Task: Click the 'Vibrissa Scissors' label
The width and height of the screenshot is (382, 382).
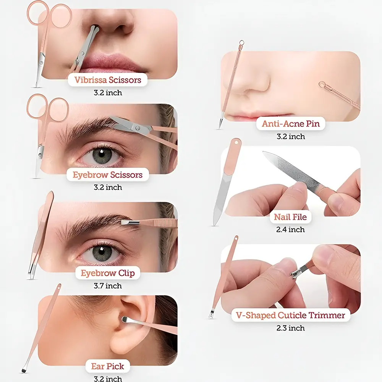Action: coord(108,80)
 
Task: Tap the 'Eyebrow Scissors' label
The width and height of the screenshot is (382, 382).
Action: coord(107,175)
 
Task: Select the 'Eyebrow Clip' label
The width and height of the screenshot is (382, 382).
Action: coord(108,273)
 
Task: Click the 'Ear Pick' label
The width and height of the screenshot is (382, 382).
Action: coord(108,366)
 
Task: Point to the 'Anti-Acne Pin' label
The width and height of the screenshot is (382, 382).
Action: coord(291,123)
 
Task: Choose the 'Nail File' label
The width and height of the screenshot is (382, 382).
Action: coord(290,217)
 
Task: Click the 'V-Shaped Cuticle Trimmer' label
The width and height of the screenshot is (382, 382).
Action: coord(290,315)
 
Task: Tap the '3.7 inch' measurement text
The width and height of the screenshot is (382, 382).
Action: coord(108,285)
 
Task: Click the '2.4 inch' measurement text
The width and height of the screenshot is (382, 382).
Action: coord(290,230)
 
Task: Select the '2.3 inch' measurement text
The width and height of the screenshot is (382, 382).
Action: coord(290,328)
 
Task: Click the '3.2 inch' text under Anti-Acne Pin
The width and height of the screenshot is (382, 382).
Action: coord(291,136)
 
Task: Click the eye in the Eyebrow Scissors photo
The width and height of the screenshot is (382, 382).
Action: coord(102,156)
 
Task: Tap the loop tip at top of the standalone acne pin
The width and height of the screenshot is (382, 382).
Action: coord(241,43)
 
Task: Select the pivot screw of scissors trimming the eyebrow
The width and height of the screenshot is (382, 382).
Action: coord(138,128)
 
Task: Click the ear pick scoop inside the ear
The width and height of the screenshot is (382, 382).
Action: coord(125,319)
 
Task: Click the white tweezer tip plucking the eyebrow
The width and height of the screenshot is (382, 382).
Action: coord(125,222)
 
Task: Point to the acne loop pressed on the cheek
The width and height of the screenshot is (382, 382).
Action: coord(322,84)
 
